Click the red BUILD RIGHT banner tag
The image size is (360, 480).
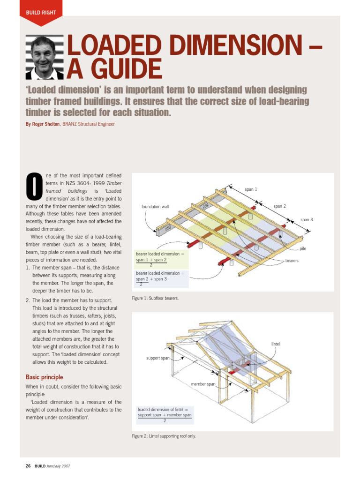(x=41, y=12)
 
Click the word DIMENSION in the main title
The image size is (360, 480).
(x=230, y=46)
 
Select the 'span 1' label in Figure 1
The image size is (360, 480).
(x=251, y=189)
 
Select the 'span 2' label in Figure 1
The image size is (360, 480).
(x=279, y=206)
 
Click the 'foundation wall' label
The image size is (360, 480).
(x=155, y=206)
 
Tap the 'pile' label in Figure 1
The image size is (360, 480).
(x=303, y=249)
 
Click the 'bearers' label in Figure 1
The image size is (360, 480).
(x=292, y=260)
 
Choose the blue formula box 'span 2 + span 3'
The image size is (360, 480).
(x=161, y=278)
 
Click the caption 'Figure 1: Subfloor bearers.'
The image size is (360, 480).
(x=155, y=298)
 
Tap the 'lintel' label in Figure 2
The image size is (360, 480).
(x=276, y=344)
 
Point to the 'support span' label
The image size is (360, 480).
(x=158, y=358)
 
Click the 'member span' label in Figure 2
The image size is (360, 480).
(x=203, y=384)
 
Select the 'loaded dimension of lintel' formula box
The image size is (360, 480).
(x=165, y=414)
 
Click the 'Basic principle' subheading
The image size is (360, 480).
(x=44, y=377)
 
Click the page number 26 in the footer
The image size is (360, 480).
(x=28, y=466)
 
